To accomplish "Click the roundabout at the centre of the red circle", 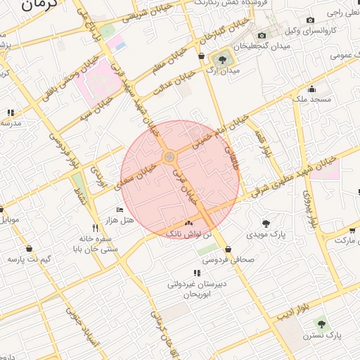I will pyautogui.click(x=169, y=157).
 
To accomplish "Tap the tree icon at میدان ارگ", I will pyautogui.click(x=223, y=59).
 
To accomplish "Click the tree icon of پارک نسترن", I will pyautogui.click(x=321, y=324).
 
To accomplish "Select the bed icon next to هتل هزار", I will pyautogui.click(x=120, y=210).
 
